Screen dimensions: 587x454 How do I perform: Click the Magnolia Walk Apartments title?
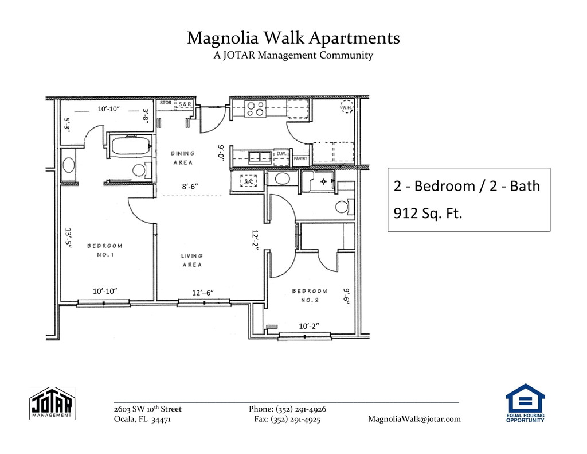click(293, 38)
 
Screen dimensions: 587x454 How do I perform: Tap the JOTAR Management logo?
click(52, 403)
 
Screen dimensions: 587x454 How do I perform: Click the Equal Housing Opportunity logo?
click(525, 403)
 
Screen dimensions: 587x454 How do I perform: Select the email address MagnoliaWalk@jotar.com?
click(414, 419)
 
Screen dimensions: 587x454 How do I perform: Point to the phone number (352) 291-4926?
click(301, 409)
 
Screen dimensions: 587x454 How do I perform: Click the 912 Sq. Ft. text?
click(428, 213)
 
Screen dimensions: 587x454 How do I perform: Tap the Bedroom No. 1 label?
click(105, 250)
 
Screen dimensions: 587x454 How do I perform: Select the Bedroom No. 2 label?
click(310, 296)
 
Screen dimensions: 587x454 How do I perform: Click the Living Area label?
click(192, 260)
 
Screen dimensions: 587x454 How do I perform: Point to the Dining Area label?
click(183, 158)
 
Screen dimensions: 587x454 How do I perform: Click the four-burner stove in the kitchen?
click(255, 108)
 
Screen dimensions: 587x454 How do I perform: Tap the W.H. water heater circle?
click(347, 107)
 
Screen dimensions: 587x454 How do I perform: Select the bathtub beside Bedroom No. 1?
click(131, 146)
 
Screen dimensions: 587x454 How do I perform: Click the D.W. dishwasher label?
click(281, 154)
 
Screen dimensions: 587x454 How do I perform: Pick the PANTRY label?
click(300, 158)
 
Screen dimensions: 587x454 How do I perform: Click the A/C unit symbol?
click(248, 181)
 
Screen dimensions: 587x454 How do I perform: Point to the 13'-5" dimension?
click(68, 238)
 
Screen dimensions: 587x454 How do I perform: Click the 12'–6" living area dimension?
click(203, 293)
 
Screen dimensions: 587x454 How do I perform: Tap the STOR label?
click(166, 103)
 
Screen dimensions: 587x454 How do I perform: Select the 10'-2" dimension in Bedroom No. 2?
click(309, 326)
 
